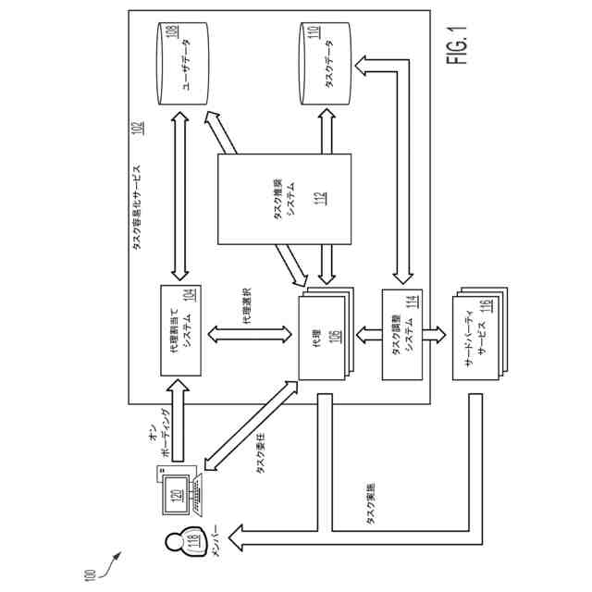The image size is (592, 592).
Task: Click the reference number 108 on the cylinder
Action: pyautogui.click(x=170, y=31)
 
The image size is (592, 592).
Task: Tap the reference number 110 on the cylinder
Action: pyautogui.click(x=314, y=32)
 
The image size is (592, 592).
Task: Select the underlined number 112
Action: pyautogui.click(x=321, y=199)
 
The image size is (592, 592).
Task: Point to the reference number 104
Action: pyautogui.click(x=191, y=294)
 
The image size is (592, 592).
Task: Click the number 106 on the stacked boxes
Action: pyautogui.click(x=336, y=337)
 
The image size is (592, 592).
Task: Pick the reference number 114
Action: pyautogui.click(x=413, y=302)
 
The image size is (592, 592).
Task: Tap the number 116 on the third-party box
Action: pyautogui.click(x=487, y=305)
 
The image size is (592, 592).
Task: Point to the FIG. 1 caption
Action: pyautogui.click(x=457, y=44)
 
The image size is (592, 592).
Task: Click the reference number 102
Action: pyautogui.click(x=138, y=128)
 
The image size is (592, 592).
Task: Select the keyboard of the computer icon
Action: pyautogui.click(x=197, y=495)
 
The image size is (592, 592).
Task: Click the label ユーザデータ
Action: pyautogui.click(x=186, y=65)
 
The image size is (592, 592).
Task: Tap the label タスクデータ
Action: pyautogui.click(x=329, y=64)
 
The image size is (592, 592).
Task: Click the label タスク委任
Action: pyautogui.click(x=261, y=453)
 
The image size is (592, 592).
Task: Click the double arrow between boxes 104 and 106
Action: pyautogui.click(x=250, y=335)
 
